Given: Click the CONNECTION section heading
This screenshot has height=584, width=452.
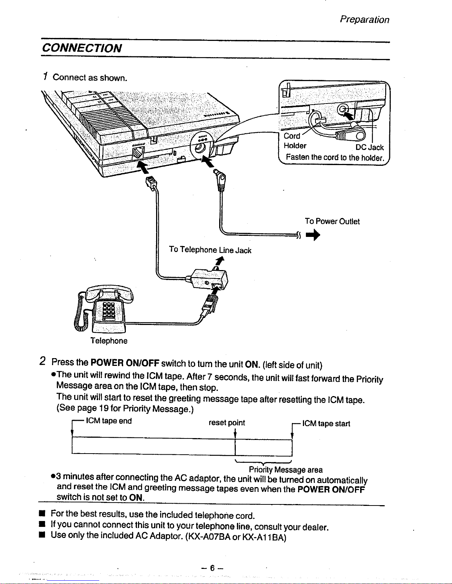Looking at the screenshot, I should tap(82, 48).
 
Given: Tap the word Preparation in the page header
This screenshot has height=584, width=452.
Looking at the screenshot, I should tap(364, 20).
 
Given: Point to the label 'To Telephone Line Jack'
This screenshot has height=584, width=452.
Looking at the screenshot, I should tap(210, 250).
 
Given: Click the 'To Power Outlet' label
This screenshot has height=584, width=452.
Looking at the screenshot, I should tap(332, 221).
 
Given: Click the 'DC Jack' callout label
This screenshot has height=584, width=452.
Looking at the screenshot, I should tap(369, 148).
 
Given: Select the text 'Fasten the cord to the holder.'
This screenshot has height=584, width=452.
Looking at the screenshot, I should tap(335, 157).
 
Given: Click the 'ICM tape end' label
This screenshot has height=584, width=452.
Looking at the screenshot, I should tap(108, 421).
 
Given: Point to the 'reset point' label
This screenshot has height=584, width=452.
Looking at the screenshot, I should tap(227, 423).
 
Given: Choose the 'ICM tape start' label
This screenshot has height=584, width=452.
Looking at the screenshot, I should tap(326, 424).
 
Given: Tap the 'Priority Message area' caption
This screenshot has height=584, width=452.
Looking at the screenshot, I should tap(286, 470).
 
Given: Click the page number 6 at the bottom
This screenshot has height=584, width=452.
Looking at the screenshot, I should tap(212, 568).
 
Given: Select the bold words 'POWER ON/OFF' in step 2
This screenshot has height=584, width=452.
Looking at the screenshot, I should tap(125, 363).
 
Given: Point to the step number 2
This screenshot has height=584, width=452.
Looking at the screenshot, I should tap(43, 361).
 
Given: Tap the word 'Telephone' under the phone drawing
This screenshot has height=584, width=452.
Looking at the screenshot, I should tap(109, 341).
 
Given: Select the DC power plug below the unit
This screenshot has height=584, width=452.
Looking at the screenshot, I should tap(221, 181).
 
